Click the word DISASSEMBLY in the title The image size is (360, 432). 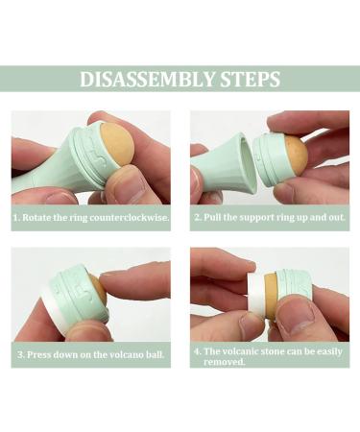point(147,79)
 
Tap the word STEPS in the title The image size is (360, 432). point(251,79)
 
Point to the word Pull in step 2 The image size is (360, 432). point(212,217)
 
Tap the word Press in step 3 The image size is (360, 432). point(39,354)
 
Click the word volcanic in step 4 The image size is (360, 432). point(240,351)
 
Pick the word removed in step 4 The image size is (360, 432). point(224,362)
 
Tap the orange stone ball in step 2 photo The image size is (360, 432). point(297,156)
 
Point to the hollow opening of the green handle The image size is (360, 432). point(247,164)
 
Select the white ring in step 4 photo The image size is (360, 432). point(257,297)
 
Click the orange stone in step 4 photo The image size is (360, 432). point(271,295)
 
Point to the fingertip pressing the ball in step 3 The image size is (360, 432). point(108,281)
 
